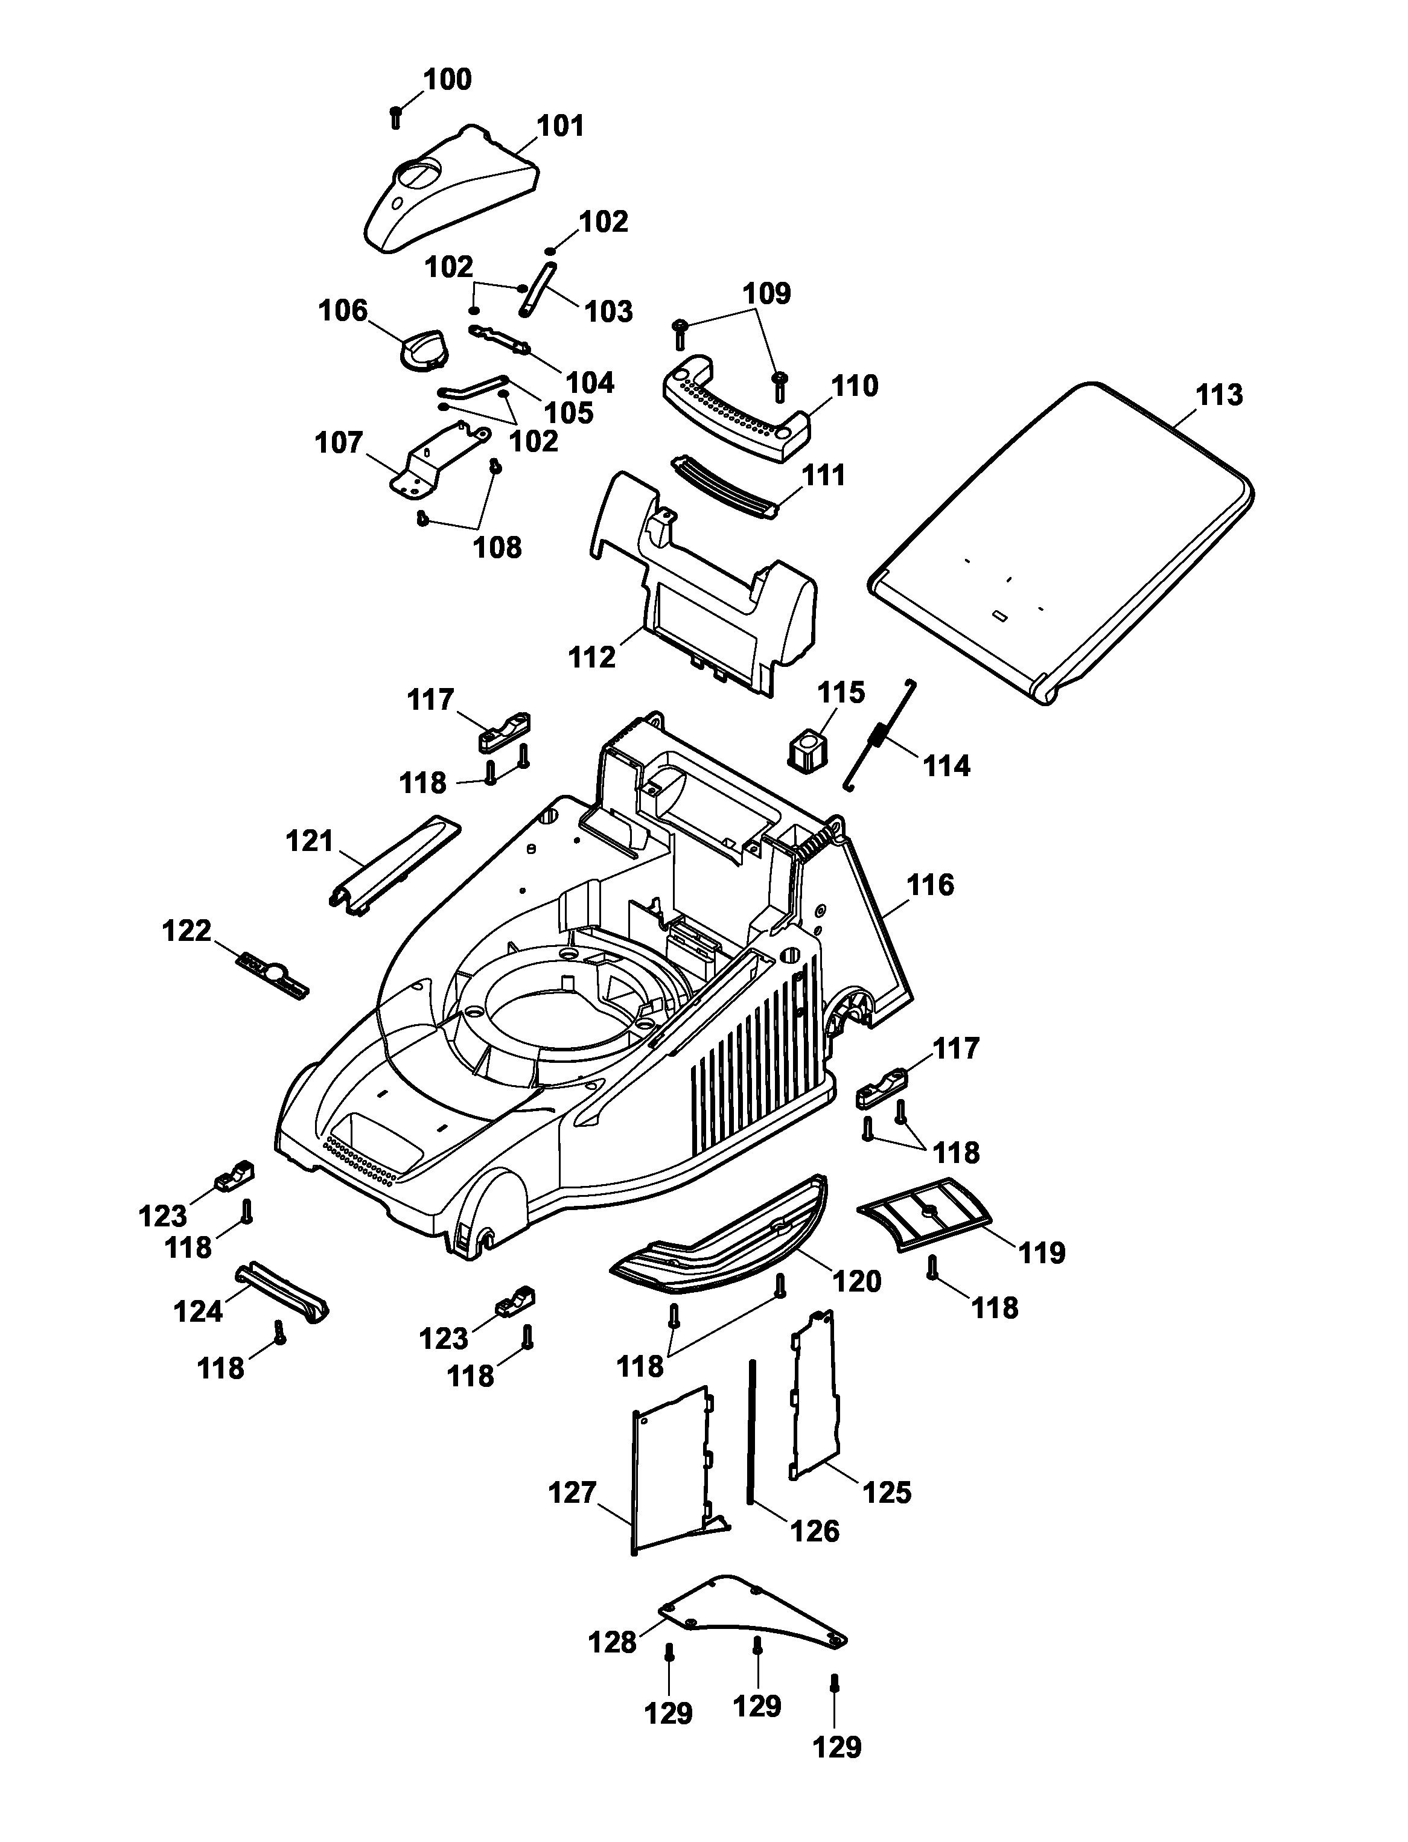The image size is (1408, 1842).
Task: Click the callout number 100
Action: coord(448,80)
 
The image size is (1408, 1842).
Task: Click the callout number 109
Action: coord(767,293)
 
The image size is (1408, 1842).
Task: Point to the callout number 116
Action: coord(930,885)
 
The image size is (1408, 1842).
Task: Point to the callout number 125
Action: coord(887,1492)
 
